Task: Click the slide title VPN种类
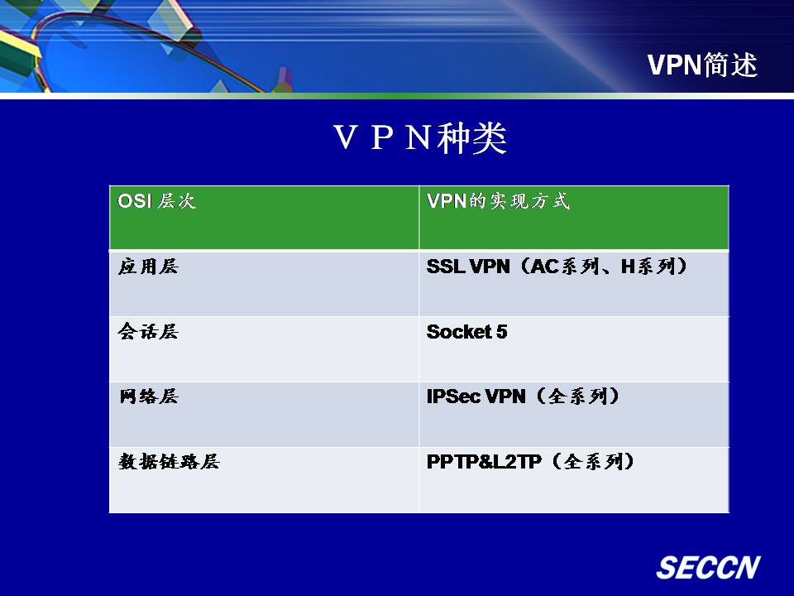pyautogui.click(x=420, y=137)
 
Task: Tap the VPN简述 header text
pyautogui.click(x=702, y=65)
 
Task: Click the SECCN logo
pyautogui.click(x=709, y=567)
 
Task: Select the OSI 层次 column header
pyautogui.click(x=156, y=201)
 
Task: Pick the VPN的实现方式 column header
pyautogui.click(x=498, y=201)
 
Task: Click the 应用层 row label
pyautogui.click(x=148, y=266)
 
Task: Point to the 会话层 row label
pyautogui.click(x=148, y=331)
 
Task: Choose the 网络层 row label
pyautogui.click(x=148, y=397)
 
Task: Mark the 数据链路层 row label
pyautogui.click(x=169, y=461)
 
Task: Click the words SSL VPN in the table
pyautogui.click(x=468, y=266)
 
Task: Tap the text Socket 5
pyautogui.click(x=466, y=331)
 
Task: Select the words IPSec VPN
pyautogui.click(x=476, y=397)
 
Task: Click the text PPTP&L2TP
pyautogui.click(x=484, y=461)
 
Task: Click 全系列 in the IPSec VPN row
pyautogui.click(x=578, y=397)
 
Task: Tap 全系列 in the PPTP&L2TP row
pyautogui.click(x=593, y=461)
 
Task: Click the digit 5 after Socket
pyautogui.click(x=501, y=331)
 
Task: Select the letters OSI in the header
pyautogui.click(x=135, y=201)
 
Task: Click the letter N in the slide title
pyautogui.click(x=419, y=137)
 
